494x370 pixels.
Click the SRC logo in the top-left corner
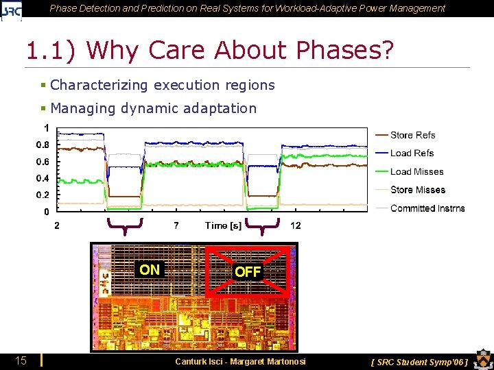[x=12, y=10]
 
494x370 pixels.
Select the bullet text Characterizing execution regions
[x=163, y=85]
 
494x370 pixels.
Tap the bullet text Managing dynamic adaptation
[x=153, y=108]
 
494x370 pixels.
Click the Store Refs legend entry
[x=412, y=135]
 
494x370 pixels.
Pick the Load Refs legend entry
[x=412, y=153]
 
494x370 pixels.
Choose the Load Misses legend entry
[x=416, y=171]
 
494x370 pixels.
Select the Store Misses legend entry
[x=417, y=190]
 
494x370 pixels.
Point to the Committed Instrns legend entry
[x=427, y=208]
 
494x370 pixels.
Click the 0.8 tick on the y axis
[x=43, y=145]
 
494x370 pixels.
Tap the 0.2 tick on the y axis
[x=43, y=195]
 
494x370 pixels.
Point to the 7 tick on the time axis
[x=176, y=225]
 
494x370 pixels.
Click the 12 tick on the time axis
[x=295, y=225]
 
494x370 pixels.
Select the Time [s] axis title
[x=223, y=225]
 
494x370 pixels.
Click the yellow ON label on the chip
[x=149, y=270]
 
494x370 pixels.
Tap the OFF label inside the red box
[x=248, y=272]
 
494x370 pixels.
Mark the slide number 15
[x=21, y=360]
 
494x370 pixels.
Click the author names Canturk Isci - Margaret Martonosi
[x=240, y=361]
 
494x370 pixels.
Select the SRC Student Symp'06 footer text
[x=419, y=361]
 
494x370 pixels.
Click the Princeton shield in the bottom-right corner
[x=482, y=359]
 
